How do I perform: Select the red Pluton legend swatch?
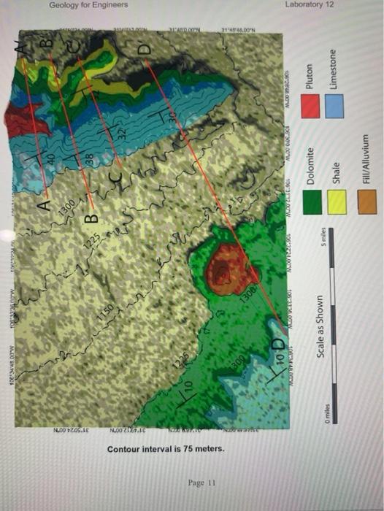click(x=312, y=107)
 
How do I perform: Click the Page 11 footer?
click(x=201, y=483)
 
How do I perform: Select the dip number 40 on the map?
click(x=42, y=158)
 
